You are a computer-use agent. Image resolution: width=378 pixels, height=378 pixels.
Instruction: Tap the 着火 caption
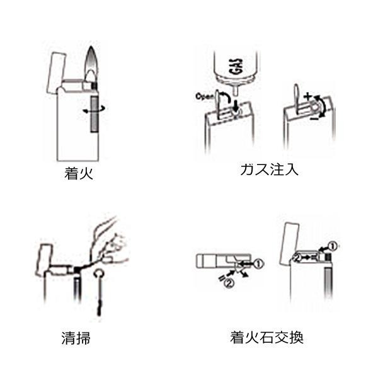79,173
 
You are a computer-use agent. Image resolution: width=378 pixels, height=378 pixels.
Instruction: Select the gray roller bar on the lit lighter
94,114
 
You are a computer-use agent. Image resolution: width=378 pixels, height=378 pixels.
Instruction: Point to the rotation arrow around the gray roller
94,110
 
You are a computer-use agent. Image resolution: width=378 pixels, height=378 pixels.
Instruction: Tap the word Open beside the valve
204,96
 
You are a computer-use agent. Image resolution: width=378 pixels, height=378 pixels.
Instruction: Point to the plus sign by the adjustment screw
308,96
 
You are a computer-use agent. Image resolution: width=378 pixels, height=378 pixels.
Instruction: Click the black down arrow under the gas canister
236,105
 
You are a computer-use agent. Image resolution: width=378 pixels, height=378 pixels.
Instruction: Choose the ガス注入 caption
269,169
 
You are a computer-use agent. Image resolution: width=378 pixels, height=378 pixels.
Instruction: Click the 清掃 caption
76,338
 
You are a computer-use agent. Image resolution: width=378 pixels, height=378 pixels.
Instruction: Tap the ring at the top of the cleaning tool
100,274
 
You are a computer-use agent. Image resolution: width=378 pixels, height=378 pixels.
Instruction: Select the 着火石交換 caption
266,338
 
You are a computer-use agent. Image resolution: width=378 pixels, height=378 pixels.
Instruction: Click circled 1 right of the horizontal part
258,264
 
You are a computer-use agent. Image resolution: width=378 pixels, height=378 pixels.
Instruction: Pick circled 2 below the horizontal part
229,283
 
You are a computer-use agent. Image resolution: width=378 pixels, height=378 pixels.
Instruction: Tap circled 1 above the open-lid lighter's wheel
333,246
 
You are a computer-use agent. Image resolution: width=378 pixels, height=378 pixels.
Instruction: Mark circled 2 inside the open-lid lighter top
298,258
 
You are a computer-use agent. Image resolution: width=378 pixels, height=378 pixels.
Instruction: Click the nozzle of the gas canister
236,91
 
